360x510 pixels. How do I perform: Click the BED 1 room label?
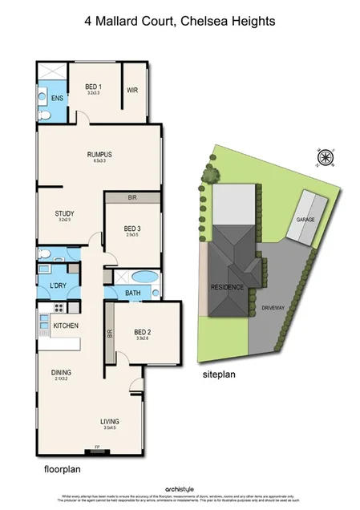(94, 87)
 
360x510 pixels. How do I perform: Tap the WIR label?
(132, 91)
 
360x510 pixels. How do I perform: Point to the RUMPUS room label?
(99, 155)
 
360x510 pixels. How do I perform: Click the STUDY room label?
(64, 213)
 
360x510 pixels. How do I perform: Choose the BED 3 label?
(132, 229)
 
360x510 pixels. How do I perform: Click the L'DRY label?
(57, 286)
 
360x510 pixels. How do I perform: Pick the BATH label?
(132, 293)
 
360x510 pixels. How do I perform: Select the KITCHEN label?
(65, 326)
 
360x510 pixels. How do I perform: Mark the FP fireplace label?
(97, 447)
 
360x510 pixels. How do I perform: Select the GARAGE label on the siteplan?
(305, 218)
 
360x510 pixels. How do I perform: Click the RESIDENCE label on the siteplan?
(227, 286)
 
